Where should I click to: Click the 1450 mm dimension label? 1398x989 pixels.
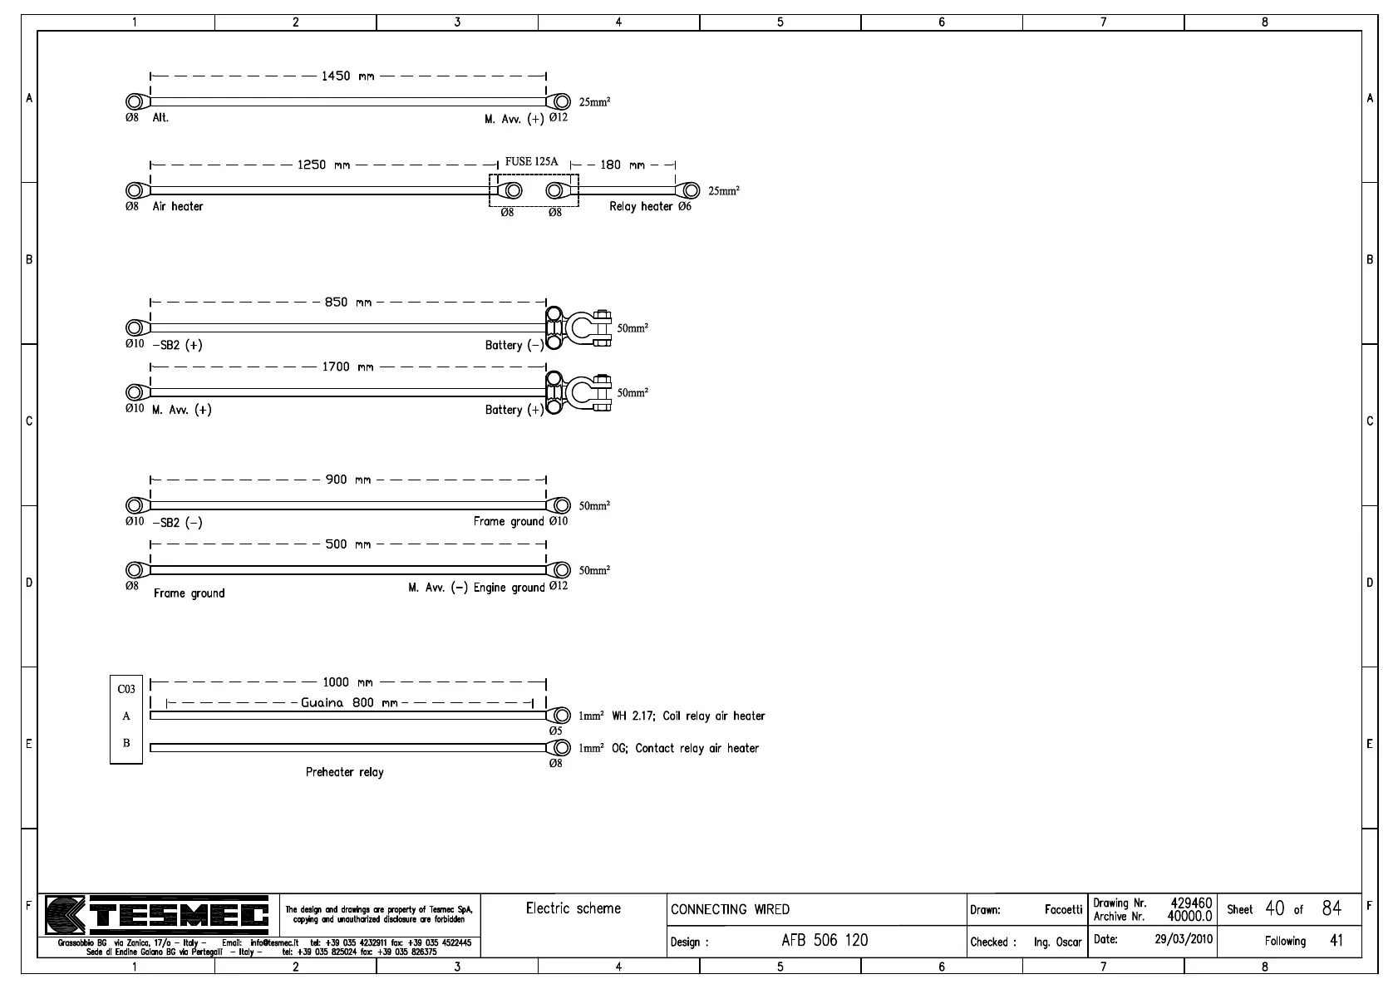pos(347,76)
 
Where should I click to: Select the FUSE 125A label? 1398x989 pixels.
pos(531,162)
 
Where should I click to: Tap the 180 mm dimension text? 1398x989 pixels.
pos(622,165)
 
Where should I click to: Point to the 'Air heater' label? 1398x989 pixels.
pos(177,206)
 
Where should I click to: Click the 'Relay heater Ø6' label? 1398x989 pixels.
pos(650,206)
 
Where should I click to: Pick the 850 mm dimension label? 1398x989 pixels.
pos(347,303)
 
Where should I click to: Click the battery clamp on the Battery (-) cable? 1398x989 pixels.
pos(588,327)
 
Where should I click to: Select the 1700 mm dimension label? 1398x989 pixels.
pos(347,367)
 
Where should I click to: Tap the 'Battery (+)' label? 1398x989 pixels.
pos(514,410)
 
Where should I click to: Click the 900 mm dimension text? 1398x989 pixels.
pos(347,480)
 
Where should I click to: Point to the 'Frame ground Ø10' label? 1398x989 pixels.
pos(520,522)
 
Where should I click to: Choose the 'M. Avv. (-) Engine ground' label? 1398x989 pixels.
pos(476,588)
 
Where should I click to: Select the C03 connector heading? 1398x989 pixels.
pos(126,689)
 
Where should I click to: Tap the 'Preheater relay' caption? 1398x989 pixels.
pos(345,772)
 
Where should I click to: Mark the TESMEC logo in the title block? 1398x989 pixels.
pos(158,916)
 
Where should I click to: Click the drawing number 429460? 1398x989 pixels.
pos(1191,903)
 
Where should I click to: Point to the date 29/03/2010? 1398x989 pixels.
pos(1184,939)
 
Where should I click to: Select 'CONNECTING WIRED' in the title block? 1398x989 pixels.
pos(730,909)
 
